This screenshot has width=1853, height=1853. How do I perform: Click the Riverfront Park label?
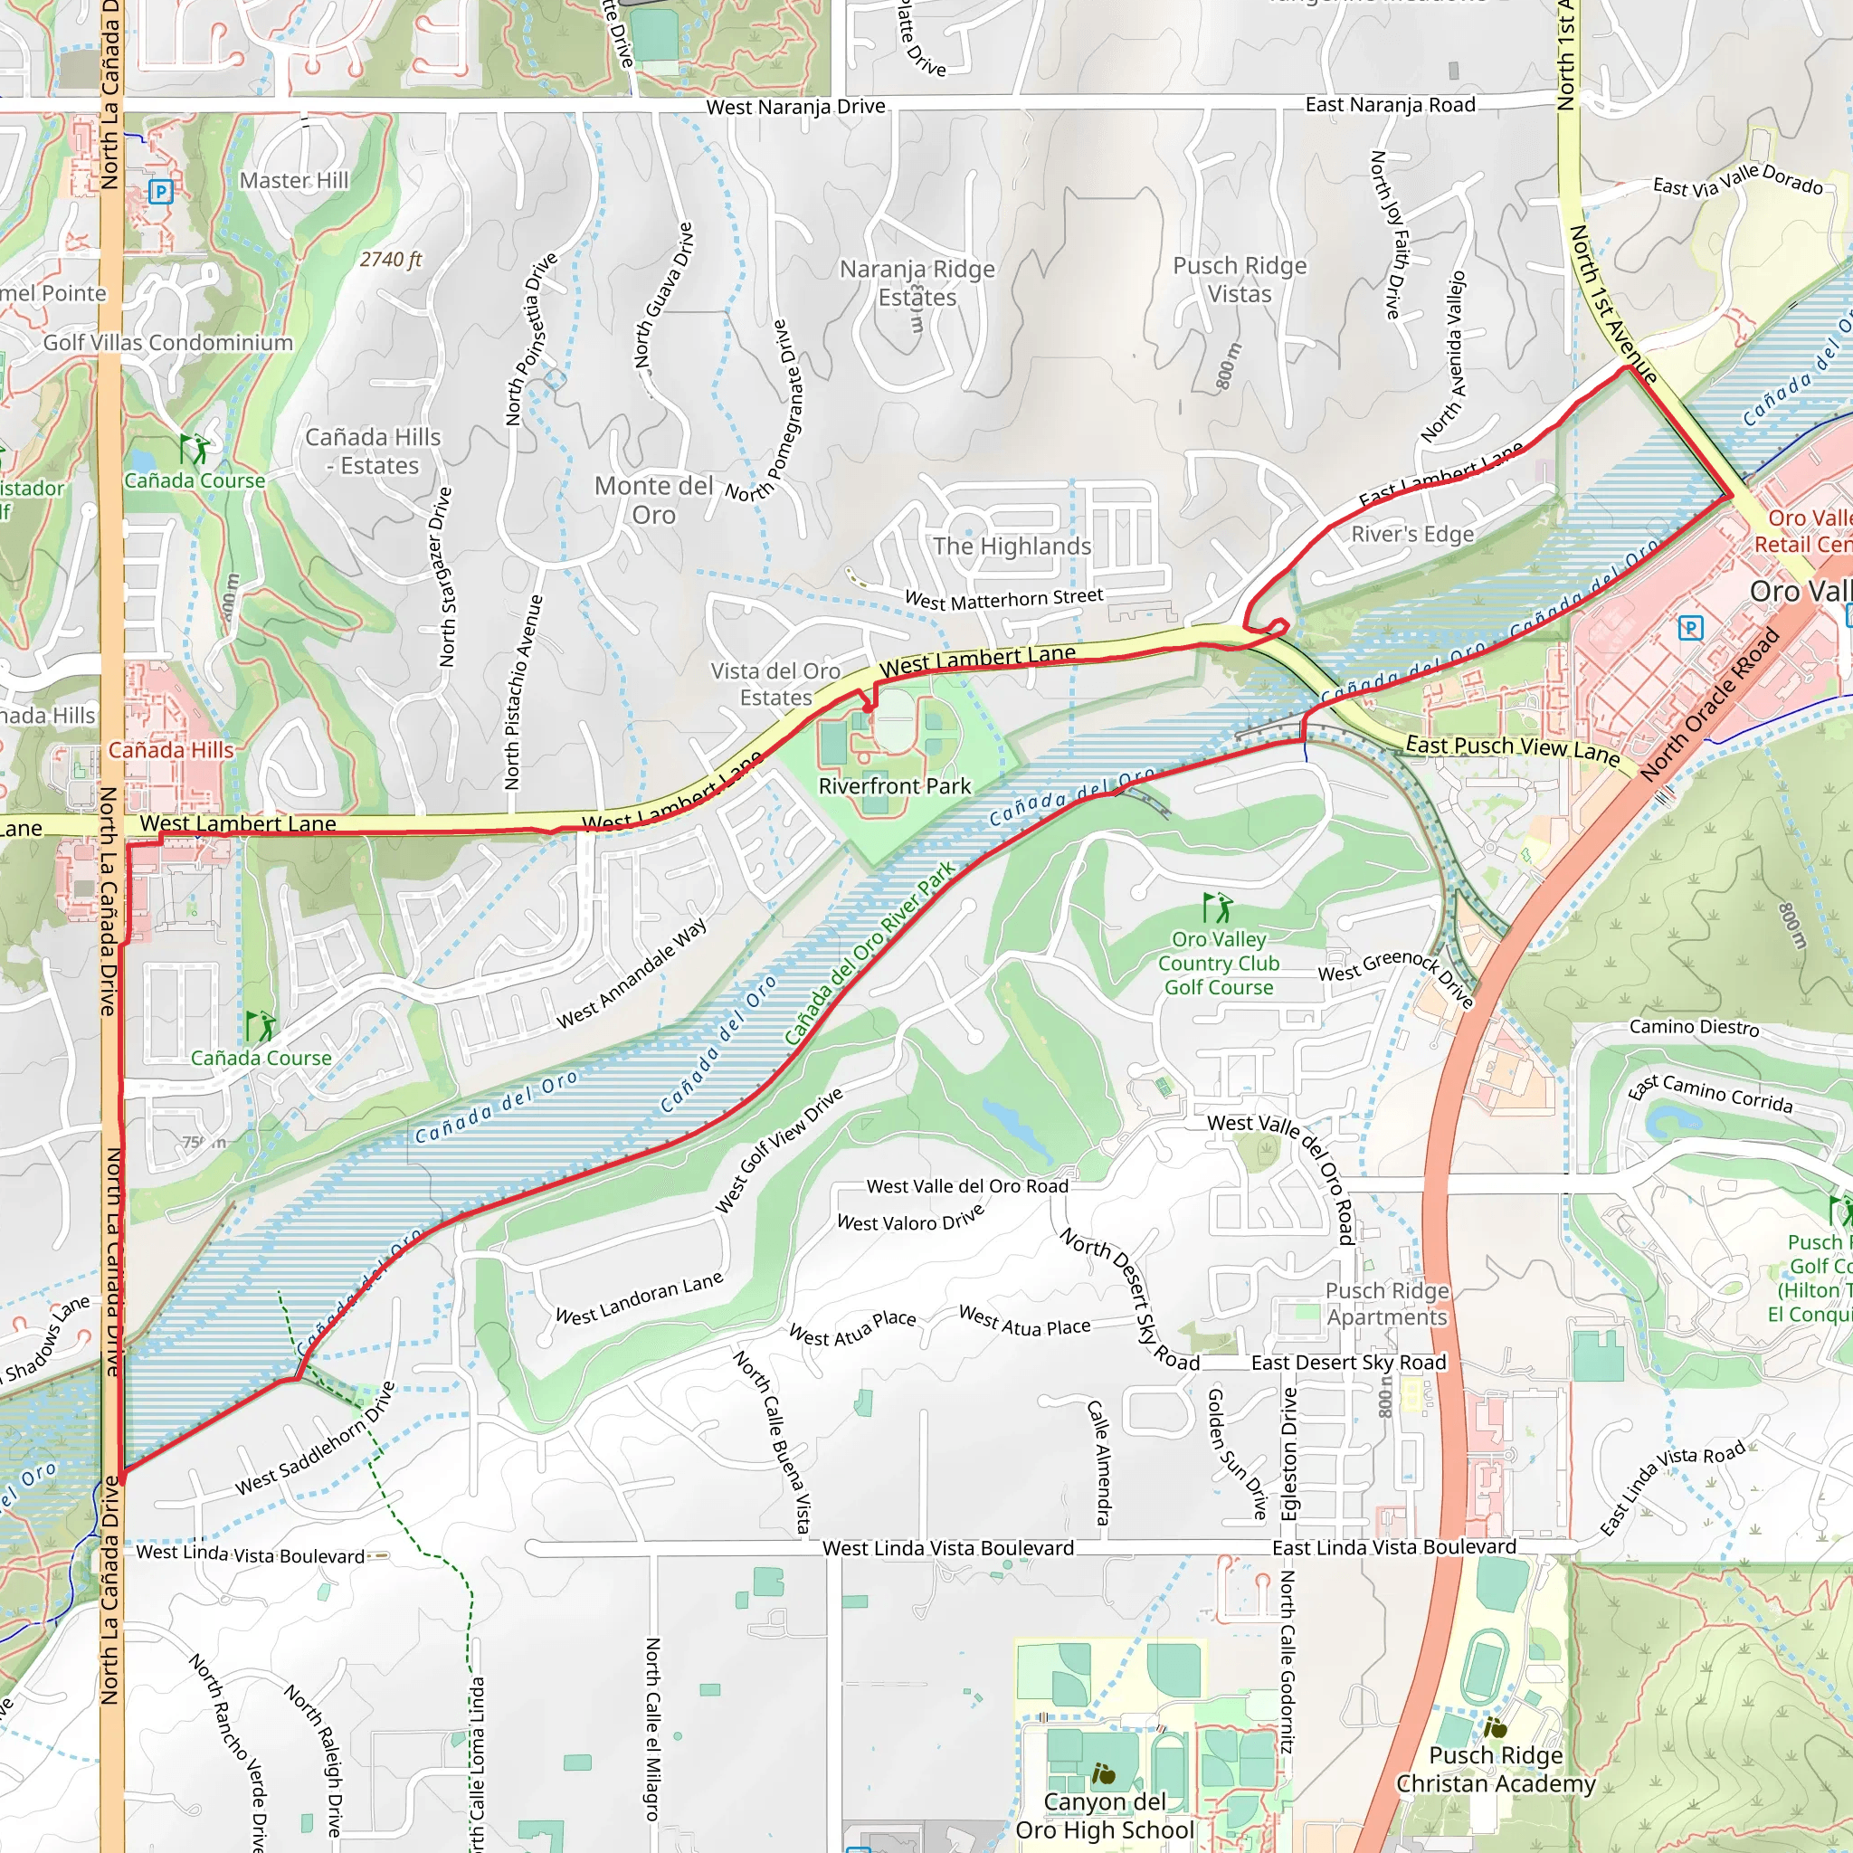[x=894, y=786]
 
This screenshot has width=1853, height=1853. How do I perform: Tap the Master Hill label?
[x=293, y=180]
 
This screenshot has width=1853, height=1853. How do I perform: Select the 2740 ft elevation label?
[x=390, y=259]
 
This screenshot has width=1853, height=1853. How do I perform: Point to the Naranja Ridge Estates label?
[x=917, y=283]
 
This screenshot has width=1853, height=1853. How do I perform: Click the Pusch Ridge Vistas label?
[x=1240, y=280]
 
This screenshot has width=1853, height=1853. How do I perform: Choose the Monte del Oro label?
[x=654, y=499]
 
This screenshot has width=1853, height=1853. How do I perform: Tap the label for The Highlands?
[x=1012, y=546]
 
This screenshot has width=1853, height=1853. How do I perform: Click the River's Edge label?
[x=1411, y=534]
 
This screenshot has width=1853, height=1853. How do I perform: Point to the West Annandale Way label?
[x=632, y=974]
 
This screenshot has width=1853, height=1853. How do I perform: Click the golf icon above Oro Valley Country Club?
[x=1216, y=907]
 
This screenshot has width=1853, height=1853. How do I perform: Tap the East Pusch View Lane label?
[x=1512, y=750]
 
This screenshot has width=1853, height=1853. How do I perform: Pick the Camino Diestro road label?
[x=1694, y=1027]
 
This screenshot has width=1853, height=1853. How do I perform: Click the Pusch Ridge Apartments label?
[x=1387, y=1305]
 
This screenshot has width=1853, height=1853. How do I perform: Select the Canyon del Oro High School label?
[x=1105, y=1816]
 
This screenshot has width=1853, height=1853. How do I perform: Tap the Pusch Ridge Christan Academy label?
[x=1496, y=1770]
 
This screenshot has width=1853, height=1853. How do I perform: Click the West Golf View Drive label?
[x=779, y=1149]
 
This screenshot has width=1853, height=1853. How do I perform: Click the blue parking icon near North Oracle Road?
[x=1691, y=628]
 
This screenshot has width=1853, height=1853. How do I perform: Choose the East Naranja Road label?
[x=1390, y=105]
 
